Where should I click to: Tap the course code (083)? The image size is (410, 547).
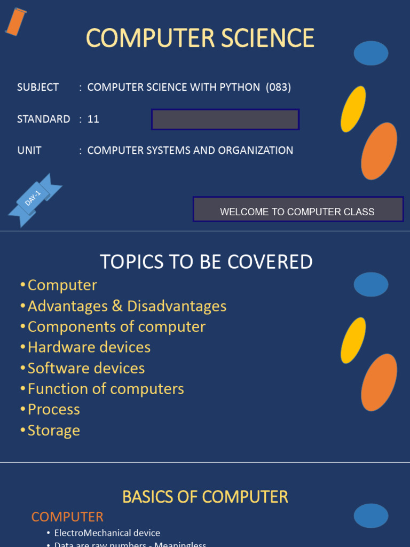pos(279,88)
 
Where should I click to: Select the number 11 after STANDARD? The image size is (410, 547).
pos(93,119)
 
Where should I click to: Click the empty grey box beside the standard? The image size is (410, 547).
pos(225,120)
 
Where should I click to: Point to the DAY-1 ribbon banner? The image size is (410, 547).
pos(34,199)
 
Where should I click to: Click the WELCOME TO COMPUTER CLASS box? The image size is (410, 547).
pos(297,209)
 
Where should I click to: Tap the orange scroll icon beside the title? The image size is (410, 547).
pos(15,22)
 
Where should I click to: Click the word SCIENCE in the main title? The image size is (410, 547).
pos(263,38)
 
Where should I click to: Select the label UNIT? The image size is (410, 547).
pos(29,151)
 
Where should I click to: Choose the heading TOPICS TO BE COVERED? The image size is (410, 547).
pos(206,262)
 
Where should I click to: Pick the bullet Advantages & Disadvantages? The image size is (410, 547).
pos(127,306)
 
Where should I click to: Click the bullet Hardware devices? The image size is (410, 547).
pos(89,347)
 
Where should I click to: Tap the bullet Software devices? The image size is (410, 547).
pos(86,368)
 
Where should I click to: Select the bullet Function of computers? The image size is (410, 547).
pos(106,389)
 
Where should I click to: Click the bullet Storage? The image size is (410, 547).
pos(53,431)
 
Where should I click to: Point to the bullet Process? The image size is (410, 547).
pos(53,410)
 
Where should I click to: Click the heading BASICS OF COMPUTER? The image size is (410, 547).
pos(205,497)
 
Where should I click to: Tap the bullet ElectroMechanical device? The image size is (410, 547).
pos(107,533)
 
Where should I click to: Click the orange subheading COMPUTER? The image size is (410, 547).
pos(67,517)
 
